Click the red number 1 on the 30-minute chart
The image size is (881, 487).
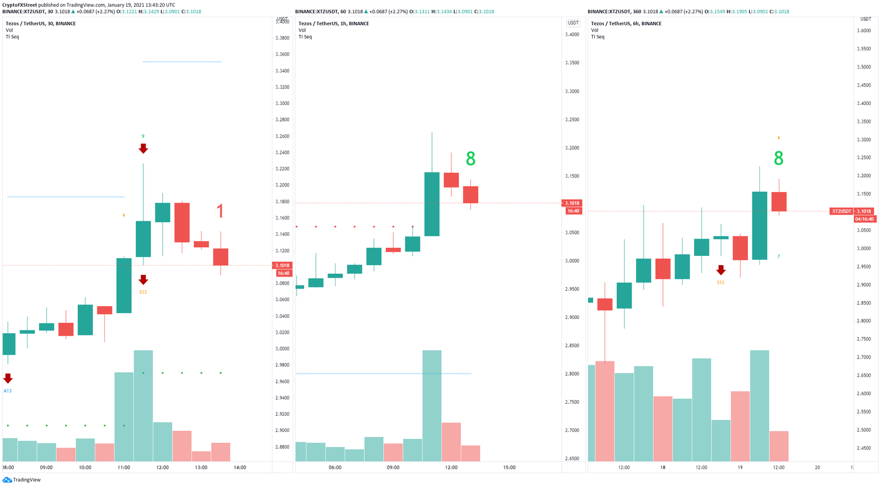[x=220, y=212]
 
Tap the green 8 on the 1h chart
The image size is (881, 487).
[x=470, y=159]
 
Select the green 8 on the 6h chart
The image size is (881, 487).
[x=778, y=158]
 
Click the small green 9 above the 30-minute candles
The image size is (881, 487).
[x=143, y=136]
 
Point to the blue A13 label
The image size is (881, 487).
[x=7, y=391]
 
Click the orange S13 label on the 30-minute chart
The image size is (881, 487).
[x=143, y=292]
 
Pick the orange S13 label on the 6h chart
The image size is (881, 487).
[x=720, y=282]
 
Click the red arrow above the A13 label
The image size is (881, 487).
[x=7, y=379]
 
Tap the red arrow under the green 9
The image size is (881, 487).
[x=143, y=149]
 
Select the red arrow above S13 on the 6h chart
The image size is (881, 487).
[x=720, y=270]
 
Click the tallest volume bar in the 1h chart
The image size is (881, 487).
[x=432, y=405]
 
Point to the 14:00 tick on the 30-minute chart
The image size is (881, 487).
[x=240, y=467]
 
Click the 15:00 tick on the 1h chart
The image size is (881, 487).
[x=509, y=467]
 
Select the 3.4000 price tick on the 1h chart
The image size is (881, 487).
[x=571, y=34]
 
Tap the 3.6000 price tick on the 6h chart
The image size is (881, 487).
[x=864, y=31]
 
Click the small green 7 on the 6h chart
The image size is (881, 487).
[x=778, y=256]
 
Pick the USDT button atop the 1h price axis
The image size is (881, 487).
[x=572, y=23]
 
